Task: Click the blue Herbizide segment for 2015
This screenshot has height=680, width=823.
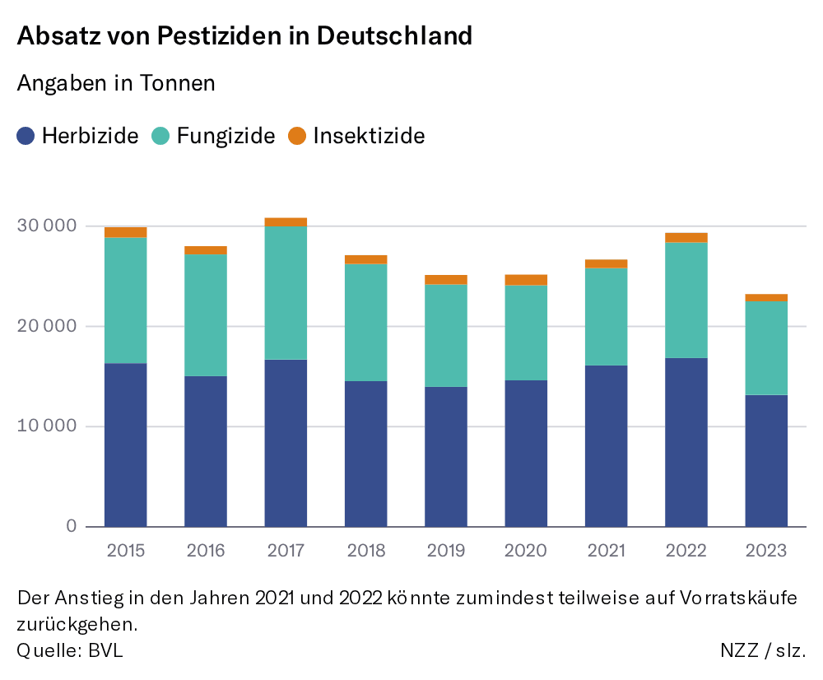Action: coord(126,445)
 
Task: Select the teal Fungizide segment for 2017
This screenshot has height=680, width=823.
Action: coord(286,292)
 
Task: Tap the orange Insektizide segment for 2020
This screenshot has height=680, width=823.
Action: coord(527,280)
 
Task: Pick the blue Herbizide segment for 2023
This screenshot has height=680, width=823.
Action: coord(766,460)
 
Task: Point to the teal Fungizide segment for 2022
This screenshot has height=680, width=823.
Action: coord(686,300)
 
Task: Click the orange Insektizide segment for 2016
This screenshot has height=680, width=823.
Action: coord(206,250)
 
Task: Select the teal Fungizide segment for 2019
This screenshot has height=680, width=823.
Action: coord(446,335)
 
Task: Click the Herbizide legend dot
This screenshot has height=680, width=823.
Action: coord(26,136)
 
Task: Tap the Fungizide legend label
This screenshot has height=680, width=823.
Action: coord(226,136)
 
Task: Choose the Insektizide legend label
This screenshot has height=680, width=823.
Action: coord(369,136)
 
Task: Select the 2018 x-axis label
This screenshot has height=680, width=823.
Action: coord(365,551)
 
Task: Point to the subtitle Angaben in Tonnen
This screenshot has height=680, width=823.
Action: coord(116,83)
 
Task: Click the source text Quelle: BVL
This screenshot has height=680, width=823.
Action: coord(70,650)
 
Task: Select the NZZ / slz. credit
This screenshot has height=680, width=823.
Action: coord(763,650)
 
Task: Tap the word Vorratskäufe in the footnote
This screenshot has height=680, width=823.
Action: coord(739,598)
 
